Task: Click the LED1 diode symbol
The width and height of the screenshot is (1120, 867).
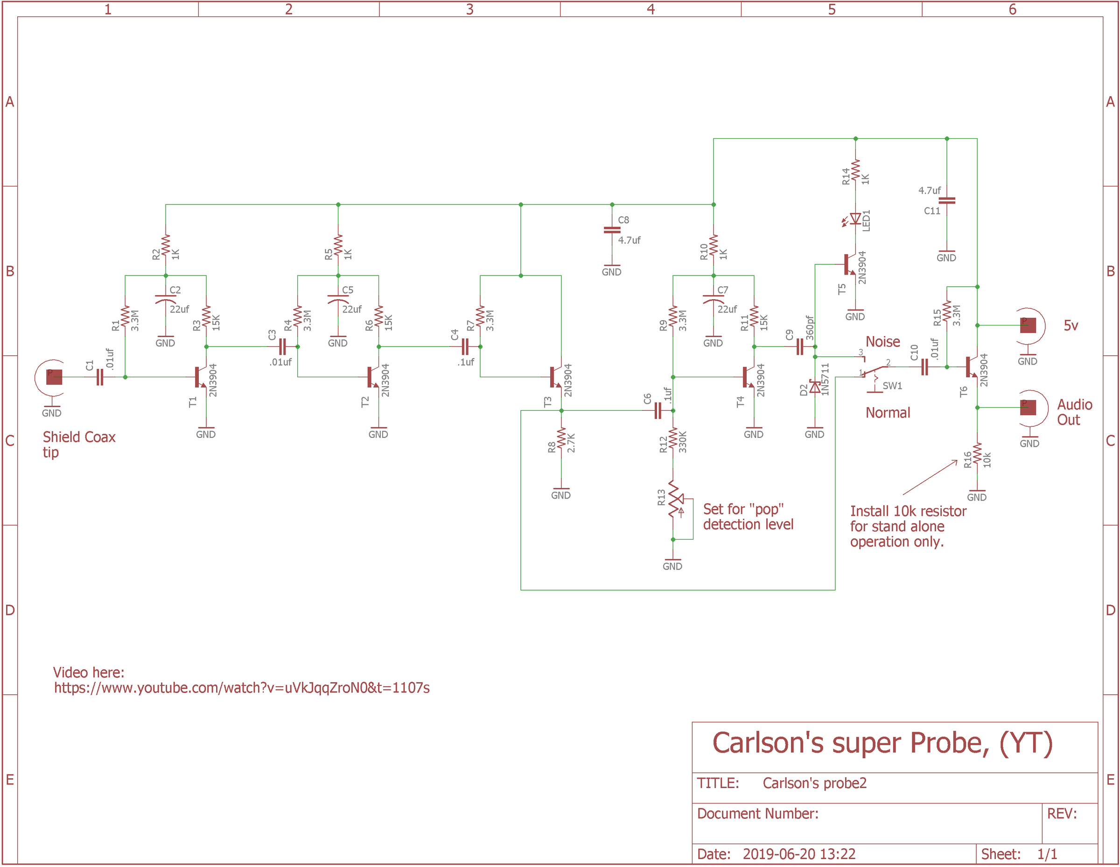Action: tap(855, 219)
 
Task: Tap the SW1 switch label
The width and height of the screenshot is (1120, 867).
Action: tap(892, 386)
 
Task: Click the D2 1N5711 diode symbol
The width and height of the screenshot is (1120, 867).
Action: tap(815, 388)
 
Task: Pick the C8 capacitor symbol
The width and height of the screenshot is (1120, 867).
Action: tap(612, 230)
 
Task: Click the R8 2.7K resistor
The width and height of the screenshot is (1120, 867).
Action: tap(561, 440)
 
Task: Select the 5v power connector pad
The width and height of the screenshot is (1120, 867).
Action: tap(1028, 325)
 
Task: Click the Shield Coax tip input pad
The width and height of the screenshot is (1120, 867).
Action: tap(54, 377)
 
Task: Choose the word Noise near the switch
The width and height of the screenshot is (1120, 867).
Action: tap(882, 342)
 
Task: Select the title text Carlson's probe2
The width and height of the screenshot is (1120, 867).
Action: tap(814, 783)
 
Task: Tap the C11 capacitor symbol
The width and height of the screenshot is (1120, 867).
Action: tap(947, 201)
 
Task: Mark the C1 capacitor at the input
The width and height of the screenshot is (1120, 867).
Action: tap(100, 378)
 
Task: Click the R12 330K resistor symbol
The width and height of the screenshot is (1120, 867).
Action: tap(673, 440)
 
